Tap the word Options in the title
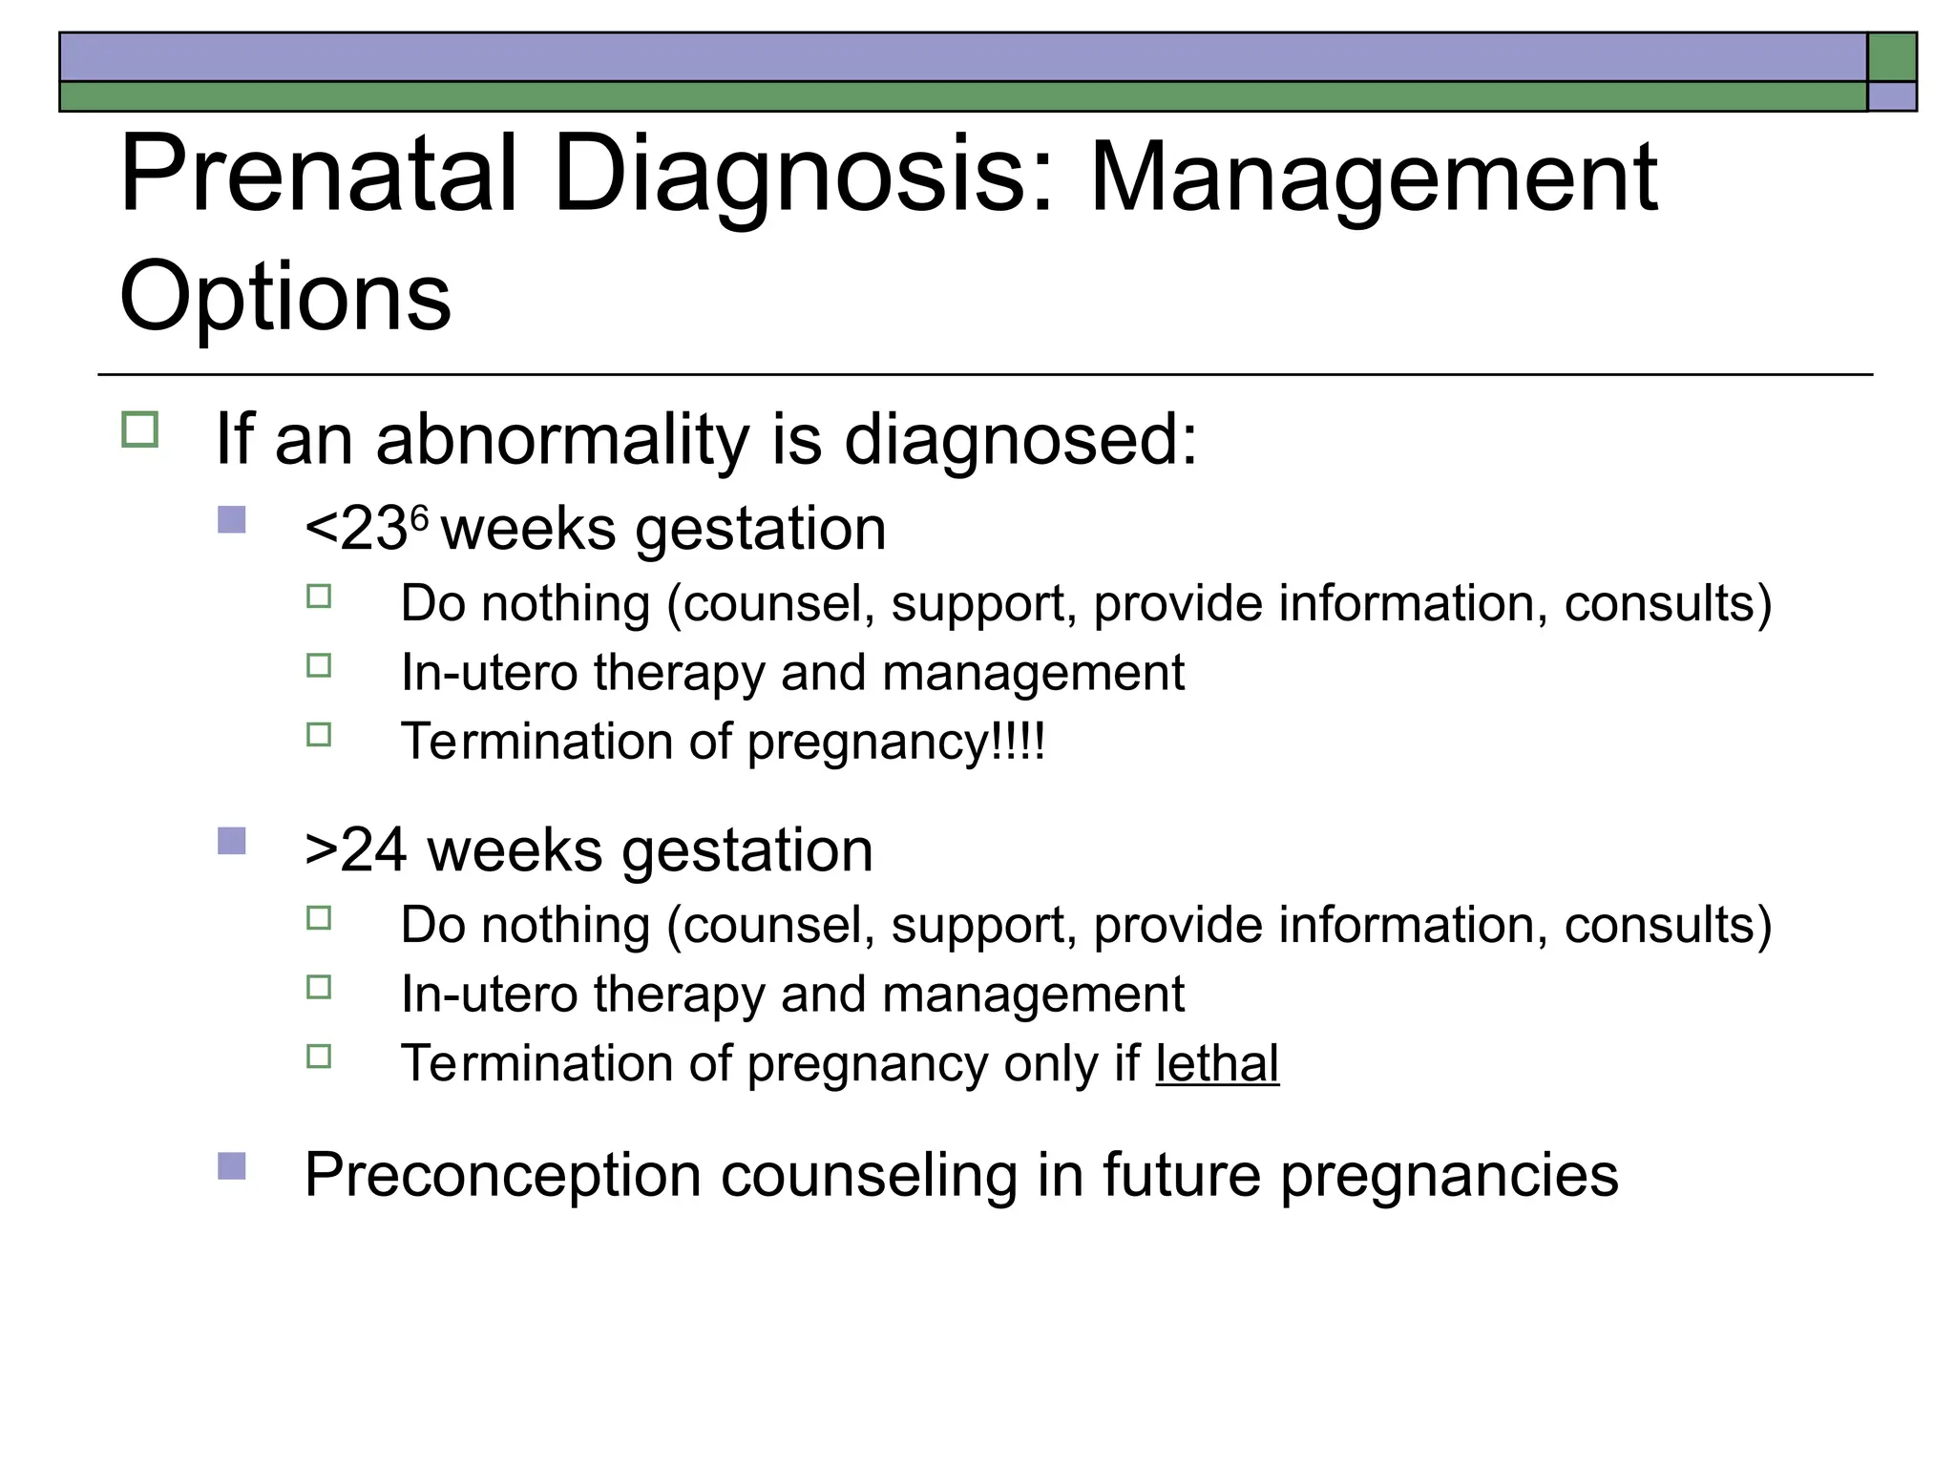pyautogui.click(x=284, y=297)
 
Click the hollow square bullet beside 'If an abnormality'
pyautogui.click(x=140, y=430)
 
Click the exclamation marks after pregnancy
pyautogui.click(x=1020, y=742)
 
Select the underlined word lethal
pyautogui.click(x=1217, y=1063)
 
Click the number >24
pyautogui.click(x=355, y=849)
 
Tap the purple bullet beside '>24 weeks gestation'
pyautogui.click(x=232, y=841)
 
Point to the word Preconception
pyautogui.click(x=503, y=1175)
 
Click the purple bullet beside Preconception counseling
pyautogui.click(x=232, y=1165)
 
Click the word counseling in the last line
pyautogui.click(x=869, y=1175)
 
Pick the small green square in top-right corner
pyautogui.click(x=1892, y=57)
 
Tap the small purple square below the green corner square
pyautogui.click(x=1892, y=96)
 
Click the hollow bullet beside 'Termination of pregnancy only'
pyautogui.click(x=319, y=1057)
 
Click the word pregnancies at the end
pyautogui.click(x=1449, y=1175)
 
